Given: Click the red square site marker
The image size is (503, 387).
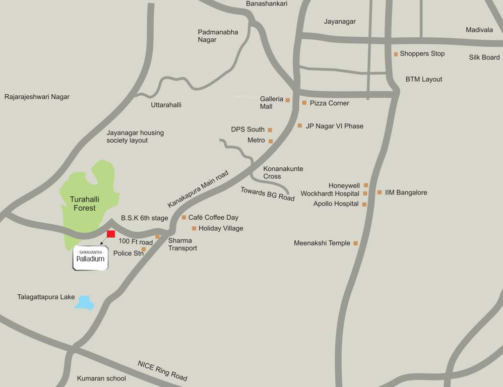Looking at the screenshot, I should pyautogui.click(x=111, y=234).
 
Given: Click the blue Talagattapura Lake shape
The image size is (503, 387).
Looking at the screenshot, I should pyautogui.click(x=85, y=302).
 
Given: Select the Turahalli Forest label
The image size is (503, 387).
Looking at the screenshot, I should pyautogui.click(x=84, y=204).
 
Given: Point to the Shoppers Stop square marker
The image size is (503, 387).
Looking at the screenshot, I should pyautogui.click(x=396, y=54).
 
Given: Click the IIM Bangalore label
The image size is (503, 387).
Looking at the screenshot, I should pyautogui.click(x=406, y=192).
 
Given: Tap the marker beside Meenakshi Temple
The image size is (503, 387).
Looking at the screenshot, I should pyautogui.click(x=355, y=243).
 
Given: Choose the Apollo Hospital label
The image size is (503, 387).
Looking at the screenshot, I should pyautogui.click(x=336, y=204).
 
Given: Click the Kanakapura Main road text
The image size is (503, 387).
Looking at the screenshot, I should pyautogui.click(x=198, y=189).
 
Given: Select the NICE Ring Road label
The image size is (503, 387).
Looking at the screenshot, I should pyautogui.click(x=162, y=371).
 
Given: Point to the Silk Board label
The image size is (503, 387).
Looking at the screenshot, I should pyautogui.click(x=484, y=57).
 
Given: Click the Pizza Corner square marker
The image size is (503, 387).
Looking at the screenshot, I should pyautogui.click(x=304, y=103).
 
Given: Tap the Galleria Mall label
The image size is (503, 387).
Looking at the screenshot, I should pyautogui.click(x=271, y=102).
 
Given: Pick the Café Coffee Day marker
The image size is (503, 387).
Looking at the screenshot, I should pyautogui.click(x=184, y=218).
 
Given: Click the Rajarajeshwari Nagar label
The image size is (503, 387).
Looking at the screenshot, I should pyautogui.click(x=37, y=97).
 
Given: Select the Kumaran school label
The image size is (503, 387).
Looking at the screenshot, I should pyautogui.click(x=101, y=378).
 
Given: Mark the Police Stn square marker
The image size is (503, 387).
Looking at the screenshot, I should pyautogui.click(x=144, y=249).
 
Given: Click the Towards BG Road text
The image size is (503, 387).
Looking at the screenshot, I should pyautogui.click(x=267, y=194).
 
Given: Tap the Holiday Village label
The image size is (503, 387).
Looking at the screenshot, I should pyautogui.click(x=221, y=228).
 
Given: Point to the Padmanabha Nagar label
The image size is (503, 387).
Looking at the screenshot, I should pyautogui.click(x=218, y=36).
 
